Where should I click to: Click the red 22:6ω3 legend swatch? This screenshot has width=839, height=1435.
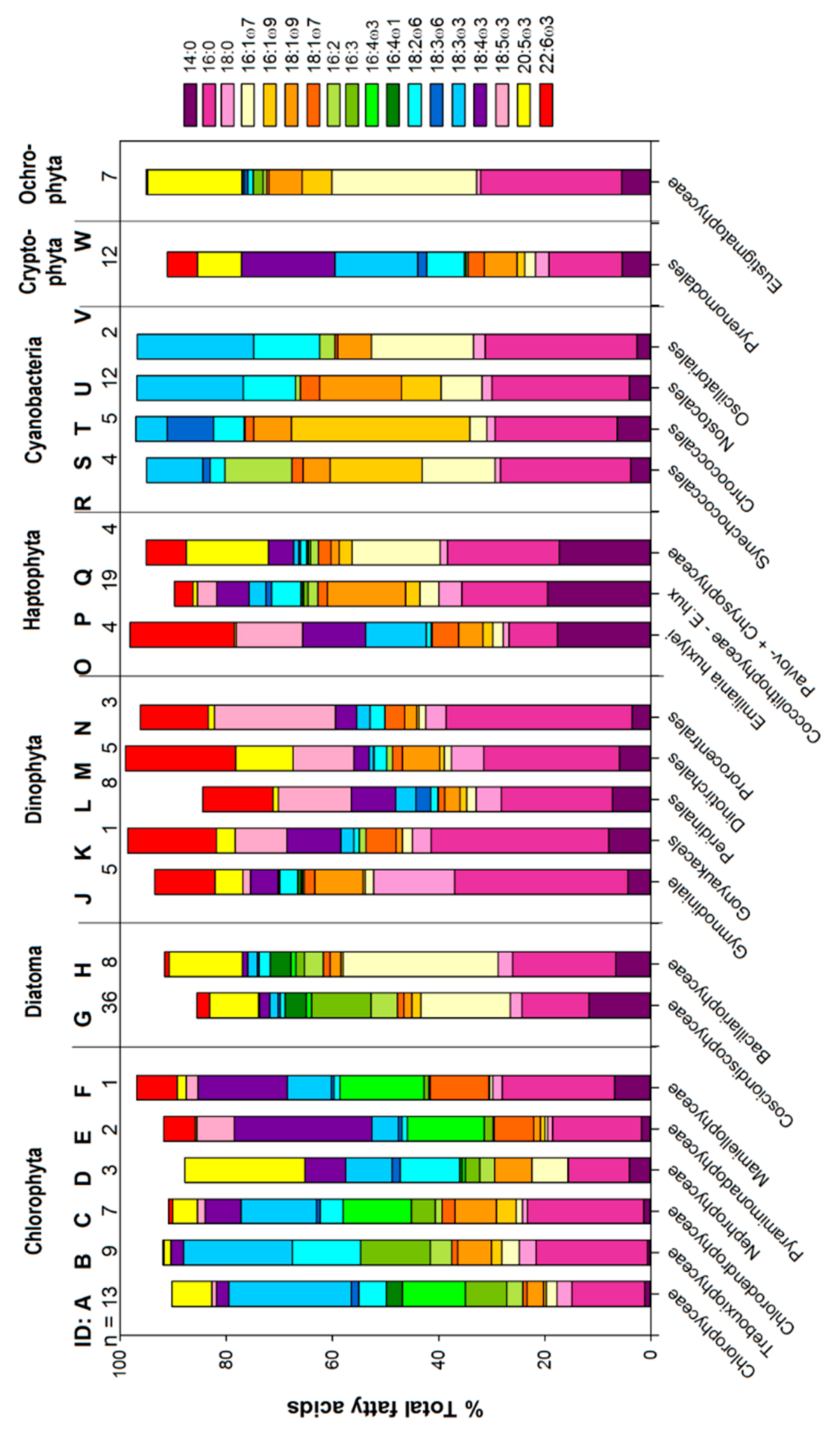[x=546, y=105]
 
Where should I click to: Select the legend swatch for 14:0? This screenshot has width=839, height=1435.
[x=190, y=105]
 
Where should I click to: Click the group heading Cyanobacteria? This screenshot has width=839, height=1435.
[x=34, y=399]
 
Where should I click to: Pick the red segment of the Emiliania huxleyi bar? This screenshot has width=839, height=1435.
[x=182, y=635]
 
